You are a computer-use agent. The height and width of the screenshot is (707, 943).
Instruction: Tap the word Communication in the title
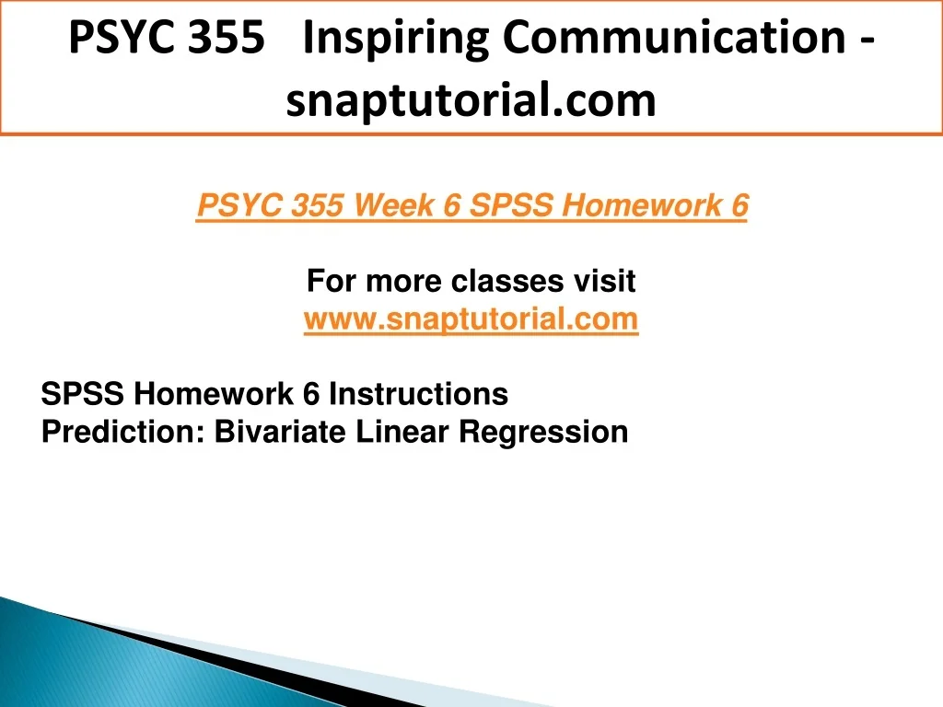pyautogui.click(x=673, y=37)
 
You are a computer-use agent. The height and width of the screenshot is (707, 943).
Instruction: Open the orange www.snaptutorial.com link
pyautogui.click(x=471, y=319)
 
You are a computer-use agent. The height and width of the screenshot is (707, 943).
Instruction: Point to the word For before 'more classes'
pyautogui.click(x=332, y=281)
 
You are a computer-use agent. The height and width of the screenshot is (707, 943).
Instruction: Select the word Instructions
pyautogui.click(x=419, y=394)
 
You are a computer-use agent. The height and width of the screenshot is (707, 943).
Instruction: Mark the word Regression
pyautogui.click(x=543, y=433)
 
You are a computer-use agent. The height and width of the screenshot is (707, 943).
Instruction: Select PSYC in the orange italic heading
pyautogui.click(x=239, y=205)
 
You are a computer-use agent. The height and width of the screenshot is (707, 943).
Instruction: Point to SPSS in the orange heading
pyautogui.click(x=511, y=205)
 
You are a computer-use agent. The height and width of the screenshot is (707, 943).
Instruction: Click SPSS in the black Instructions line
pyautogui.click(x=82, y=394)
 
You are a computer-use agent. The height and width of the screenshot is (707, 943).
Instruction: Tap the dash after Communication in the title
pyautogui.click(x=867, y=41)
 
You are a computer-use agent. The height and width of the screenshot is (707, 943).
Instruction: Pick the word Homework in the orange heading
pyautogui.click(x=642, y=205)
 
